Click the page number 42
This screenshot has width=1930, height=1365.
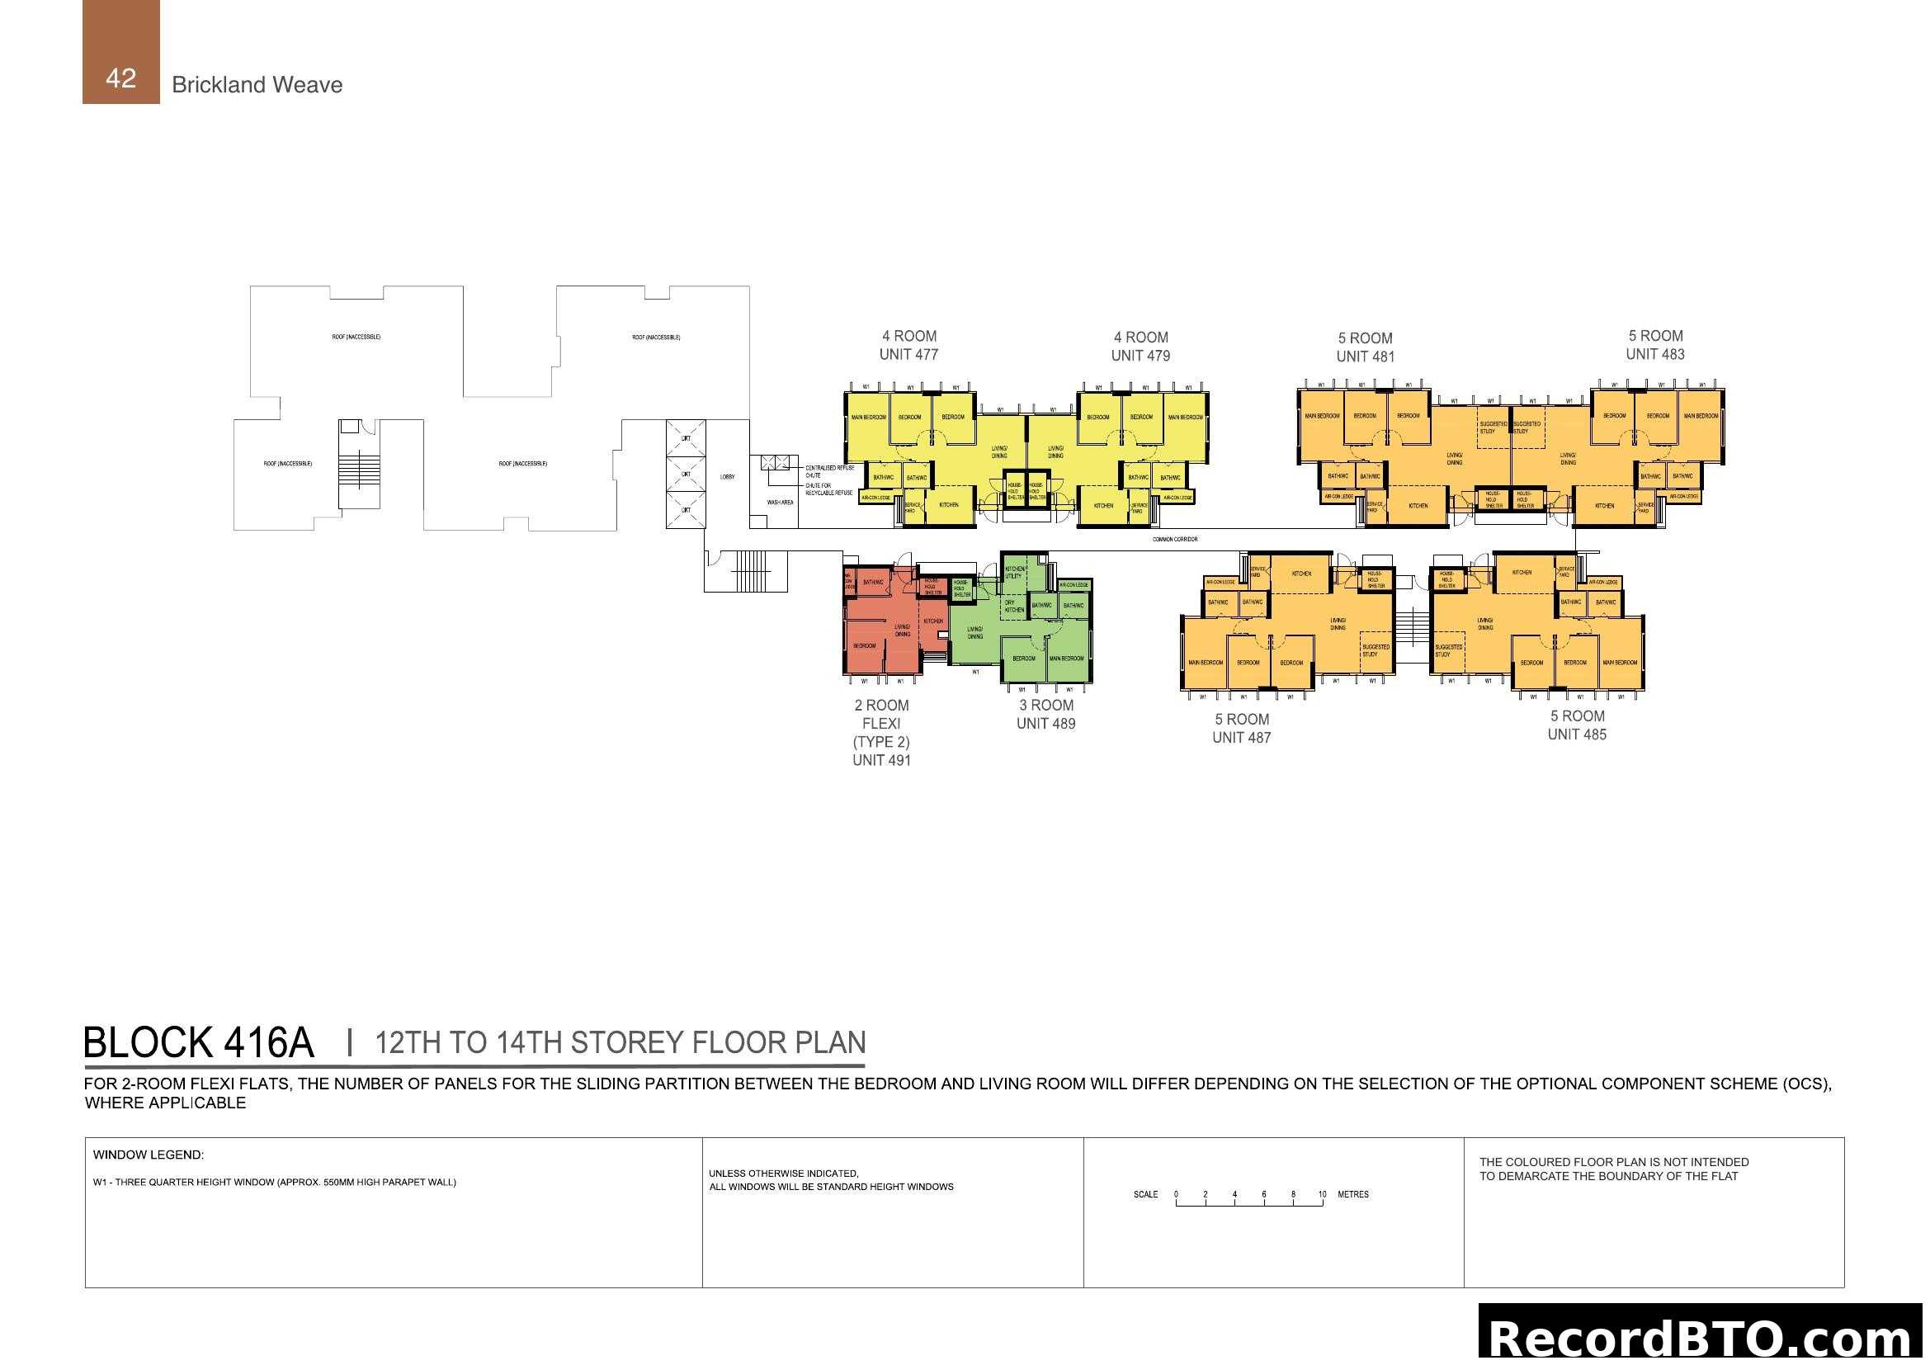pyautogui.click(x=121, y=78)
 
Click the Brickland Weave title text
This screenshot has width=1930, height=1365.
pyautogui.click(x=257, y=85)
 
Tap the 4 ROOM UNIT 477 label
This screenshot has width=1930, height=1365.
pyautogui.click(x=908, y=346)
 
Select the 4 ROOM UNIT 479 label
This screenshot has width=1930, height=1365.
pyautogui.click(x=1140, y=347)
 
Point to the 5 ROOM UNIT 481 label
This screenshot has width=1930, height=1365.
pyautogui.click(x=1365, y=347)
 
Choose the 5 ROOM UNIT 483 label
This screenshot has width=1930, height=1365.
pyautogui.click(x=1655, y=345)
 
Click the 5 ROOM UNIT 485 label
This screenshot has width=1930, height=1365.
pyautogui.click(x=1577, y=725)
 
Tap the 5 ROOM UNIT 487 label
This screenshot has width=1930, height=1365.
pyautogui.click(x=1242, y=729)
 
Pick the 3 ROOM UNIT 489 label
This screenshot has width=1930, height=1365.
pyautogui.click(x=1045, y=715)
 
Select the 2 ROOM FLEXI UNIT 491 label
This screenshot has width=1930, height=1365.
pyautogui.click(x=881, y=733)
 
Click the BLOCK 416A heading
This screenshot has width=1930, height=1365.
pyautogui.click(x=198, y=1043)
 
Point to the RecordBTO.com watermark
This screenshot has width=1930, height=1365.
pyautogui.click(x=1700, y=1336)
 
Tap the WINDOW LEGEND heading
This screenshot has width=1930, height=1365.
pyautogui.click(x=148, y=1155)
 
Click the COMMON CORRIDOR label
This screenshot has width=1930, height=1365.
pyautogui.click(x=1174, y=540)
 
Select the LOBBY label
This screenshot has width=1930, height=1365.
pyautogui.click(x=727, y=477)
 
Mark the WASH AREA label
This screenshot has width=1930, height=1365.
pyautogui.click(x=780, y=503)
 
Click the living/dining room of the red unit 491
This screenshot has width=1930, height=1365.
pyautogui.click(x=902, y=631)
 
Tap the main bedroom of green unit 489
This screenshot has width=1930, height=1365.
pyautogui.click(x=1066, y=659)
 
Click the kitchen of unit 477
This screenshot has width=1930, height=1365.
pyautogui.click(x=949, y=505)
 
